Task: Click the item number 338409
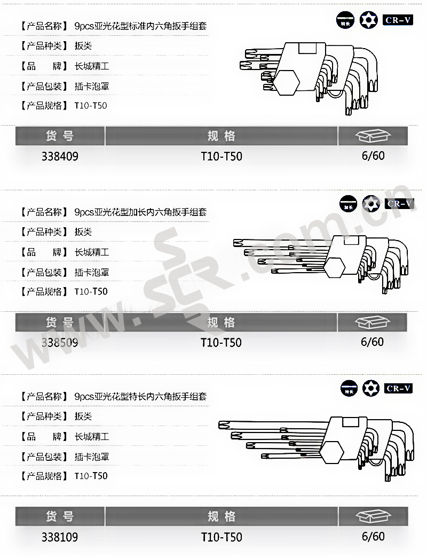tap(60, 156)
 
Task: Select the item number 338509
tap(60, 342)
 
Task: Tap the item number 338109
tap(60, 537)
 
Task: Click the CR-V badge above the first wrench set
tap(398, 20)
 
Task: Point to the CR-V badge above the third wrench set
tap(398, 388)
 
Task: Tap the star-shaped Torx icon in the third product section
tap(369, 388)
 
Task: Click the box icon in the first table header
tap(373, 136)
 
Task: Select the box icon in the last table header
tap(373, 517)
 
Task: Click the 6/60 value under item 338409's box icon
tap(373, 156)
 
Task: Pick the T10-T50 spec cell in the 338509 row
tap(221, 342)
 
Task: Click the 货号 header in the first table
tap(60, 136)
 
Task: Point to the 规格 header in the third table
tap(221, 517)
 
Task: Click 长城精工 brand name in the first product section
tap(92, 67)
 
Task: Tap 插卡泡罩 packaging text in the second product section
tap(92, 272)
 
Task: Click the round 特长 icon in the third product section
tap(350, 388)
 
